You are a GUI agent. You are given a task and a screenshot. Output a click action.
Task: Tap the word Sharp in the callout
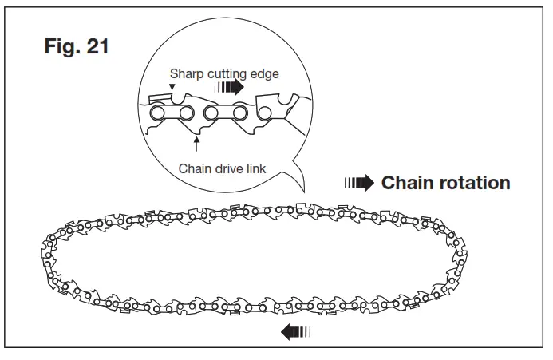click(184, 74)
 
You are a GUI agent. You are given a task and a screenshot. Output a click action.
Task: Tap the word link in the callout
click(256, 168)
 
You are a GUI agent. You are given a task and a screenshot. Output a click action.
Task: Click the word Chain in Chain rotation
click(406, 183)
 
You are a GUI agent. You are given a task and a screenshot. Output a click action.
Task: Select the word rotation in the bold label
click(472, 183)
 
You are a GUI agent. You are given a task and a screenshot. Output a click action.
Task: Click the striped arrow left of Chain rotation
click(358, 184)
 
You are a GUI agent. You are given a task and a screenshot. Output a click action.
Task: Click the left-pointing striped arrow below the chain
click(295, 332)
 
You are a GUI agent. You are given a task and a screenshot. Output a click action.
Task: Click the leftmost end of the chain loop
click(41, 254)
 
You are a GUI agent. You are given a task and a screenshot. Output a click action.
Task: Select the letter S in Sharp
click(173, 74)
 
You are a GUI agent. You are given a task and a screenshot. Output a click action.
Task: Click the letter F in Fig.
click(47, 45)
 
